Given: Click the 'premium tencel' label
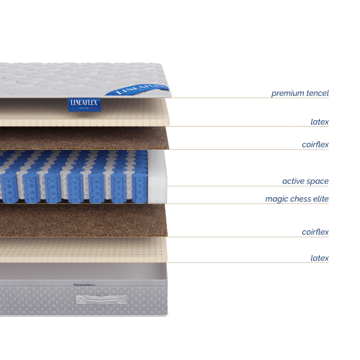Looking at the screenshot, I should click(x=300, y=94).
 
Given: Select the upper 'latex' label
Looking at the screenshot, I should click(x=320, y=122).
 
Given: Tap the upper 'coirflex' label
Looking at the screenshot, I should click(x=315, y=145).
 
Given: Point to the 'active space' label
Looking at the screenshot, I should click(x=305, y=181).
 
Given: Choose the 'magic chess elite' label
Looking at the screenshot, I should click(x=297, y=198).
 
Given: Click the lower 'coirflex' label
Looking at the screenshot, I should click(x=315, y=232).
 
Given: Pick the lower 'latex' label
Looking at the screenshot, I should click(x=320, y=257).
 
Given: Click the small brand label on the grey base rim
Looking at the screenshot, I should click(x=84, y=284).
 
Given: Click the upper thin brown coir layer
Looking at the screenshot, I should click(x=86, y=138).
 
